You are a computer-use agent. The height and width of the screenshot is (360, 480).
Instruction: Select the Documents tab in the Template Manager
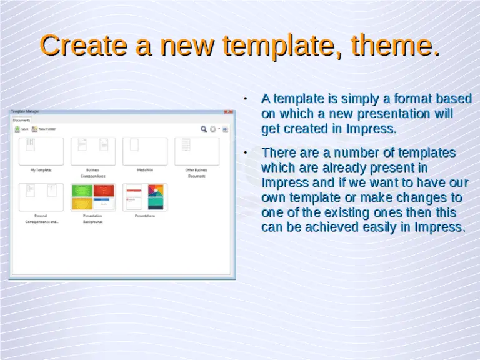[22, 120]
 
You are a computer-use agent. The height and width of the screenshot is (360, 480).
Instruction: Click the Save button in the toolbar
[22, 129]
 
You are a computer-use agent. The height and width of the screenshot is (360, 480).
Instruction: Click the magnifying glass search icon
[204, 129]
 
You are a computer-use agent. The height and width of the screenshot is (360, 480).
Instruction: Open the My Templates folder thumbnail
[41, 151]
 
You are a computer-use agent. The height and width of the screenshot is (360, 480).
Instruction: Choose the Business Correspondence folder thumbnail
[93, 151]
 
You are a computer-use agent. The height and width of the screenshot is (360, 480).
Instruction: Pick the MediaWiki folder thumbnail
[145, 151]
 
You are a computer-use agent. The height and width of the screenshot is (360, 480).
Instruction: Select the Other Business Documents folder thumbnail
[197, 151]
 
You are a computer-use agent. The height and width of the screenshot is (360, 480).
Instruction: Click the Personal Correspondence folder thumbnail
[41, 197]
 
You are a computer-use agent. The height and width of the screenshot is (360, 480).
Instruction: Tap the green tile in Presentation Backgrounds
[82, 190]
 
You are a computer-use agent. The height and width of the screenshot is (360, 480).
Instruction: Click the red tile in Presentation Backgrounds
[104, 190]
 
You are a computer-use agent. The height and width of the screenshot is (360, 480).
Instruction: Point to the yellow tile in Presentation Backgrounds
[82, 204]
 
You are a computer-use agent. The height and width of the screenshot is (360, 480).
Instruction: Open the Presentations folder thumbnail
[145, 197]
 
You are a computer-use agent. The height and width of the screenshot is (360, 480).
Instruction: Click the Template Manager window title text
[24, 112]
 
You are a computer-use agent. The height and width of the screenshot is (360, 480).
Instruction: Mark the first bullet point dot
[246, 99]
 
